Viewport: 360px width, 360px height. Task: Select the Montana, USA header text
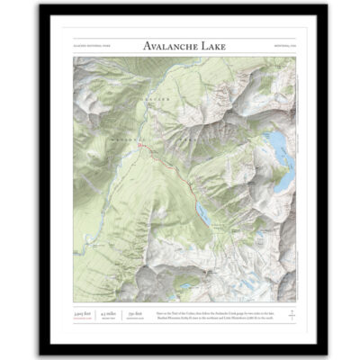click(283, 47)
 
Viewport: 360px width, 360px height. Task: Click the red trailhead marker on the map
click(152, 146)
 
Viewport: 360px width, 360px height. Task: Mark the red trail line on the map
click(175, 171)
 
